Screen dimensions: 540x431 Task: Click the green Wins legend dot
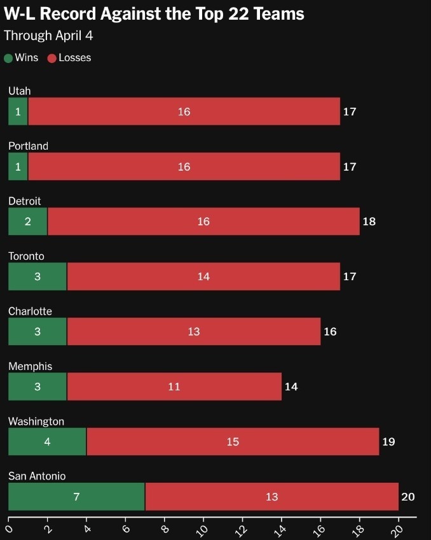(8, 58)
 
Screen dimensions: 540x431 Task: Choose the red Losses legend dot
(52, 58)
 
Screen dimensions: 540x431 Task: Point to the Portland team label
(28, 146)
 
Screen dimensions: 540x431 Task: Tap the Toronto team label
(26, 256)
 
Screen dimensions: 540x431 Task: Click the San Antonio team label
(37, 476)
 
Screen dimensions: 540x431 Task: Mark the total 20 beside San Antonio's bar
(407, 497)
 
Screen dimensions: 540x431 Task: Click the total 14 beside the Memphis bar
(291, 387)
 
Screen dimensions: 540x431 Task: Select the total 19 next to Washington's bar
(388, 441)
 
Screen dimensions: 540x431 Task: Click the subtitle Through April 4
(48, 35)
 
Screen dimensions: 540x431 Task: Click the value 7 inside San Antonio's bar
(76, 497)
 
